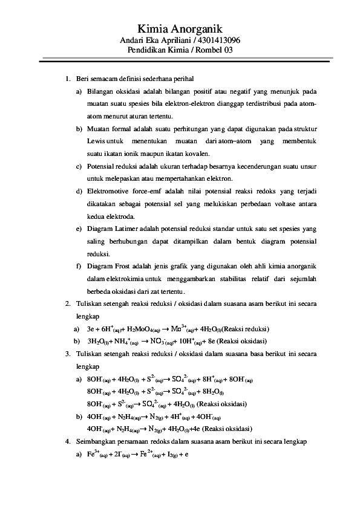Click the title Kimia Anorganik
click(180, 28)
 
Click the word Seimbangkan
click(95, 441)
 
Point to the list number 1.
click(67, 79)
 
